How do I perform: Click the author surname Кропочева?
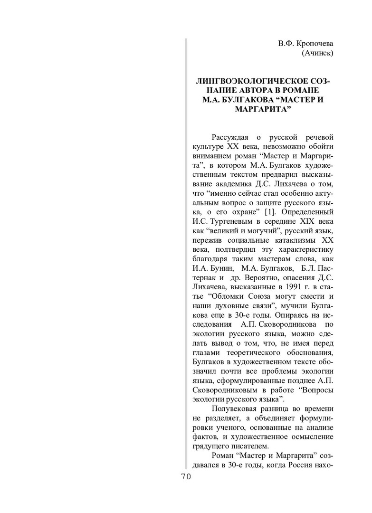click(314, 44)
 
